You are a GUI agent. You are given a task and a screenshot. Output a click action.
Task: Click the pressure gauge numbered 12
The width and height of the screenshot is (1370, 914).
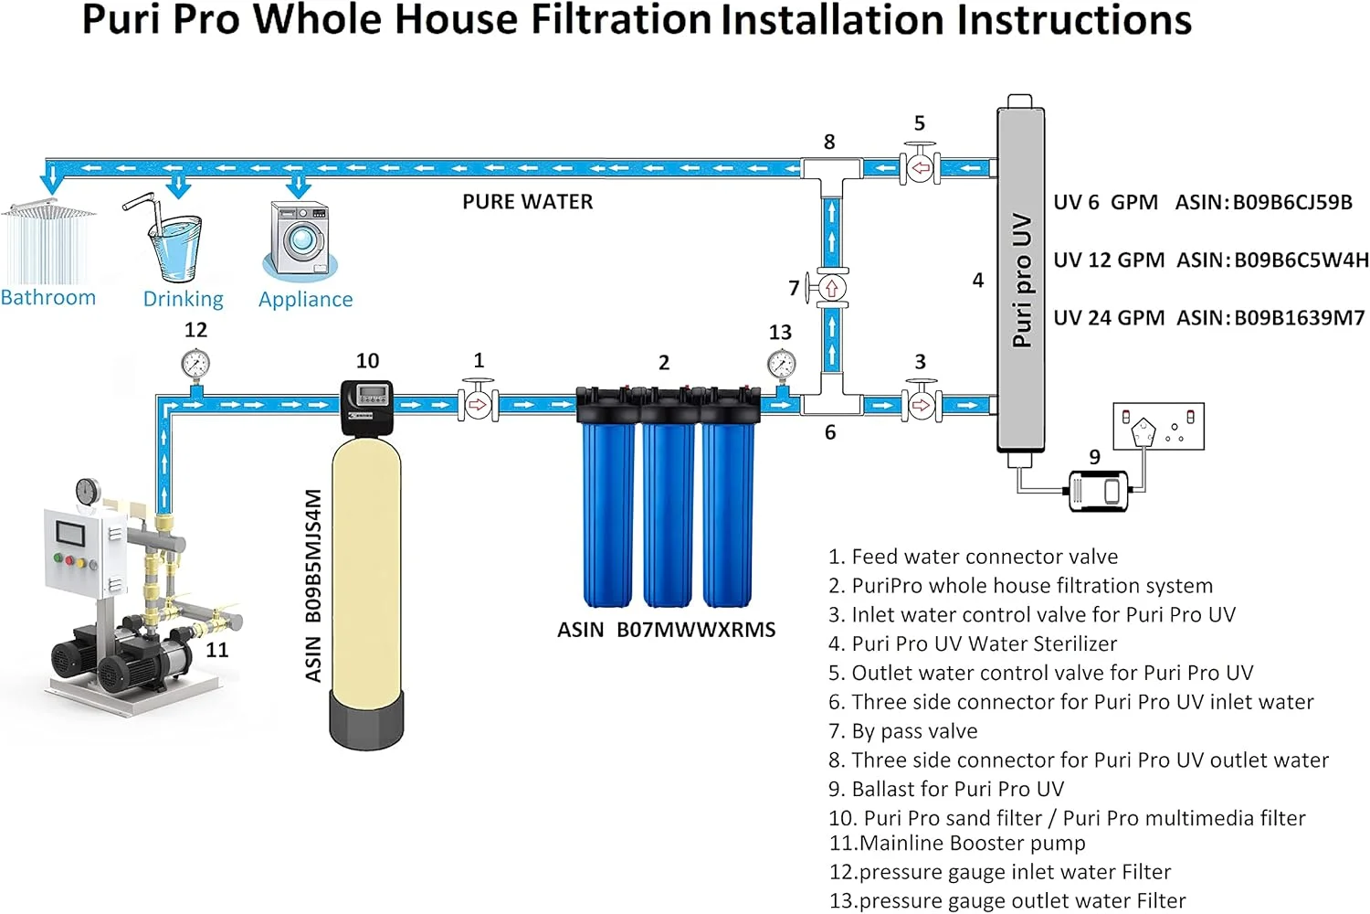click(x=195, y=365)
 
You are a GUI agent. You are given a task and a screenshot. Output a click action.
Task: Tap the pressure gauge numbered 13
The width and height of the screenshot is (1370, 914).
click(x=781, y=365)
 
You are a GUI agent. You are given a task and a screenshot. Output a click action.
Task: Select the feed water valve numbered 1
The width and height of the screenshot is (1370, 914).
click(x=478, y=403)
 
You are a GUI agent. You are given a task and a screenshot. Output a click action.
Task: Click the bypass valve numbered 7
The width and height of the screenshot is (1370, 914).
click(x=831, y=289)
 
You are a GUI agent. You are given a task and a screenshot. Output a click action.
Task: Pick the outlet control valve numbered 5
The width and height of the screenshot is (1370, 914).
click(x=921, y=167)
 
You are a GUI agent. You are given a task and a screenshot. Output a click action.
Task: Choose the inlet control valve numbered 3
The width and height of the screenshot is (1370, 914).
click(x=922, y=403)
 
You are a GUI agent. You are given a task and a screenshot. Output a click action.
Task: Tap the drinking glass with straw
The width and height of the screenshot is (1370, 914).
click(x=173, y=241)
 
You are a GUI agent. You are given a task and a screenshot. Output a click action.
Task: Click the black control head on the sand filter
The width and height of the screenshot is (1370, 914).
click(x=367, y=405)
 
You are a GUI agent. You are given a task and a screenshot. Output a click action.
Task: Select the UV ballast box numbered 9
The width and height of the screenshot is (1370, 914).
click(x=1098, y=490)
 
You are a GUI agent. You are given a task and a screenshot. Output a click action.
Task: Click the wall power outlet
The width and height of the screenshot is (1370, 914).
click(x=1158, y=426)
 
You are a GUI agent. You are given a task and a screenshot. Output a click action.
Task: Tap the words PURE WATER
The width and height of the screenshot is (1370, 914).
click(x=527, y=202)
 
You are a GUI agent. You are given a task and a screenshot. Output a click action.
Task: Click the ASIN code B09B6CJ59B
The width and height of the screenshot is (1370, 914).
click(x=1292, y=202)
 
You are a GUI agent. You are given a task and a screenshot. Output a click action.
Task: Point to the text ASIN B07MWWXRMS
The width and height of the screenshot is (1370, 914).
click(x=666, y=630)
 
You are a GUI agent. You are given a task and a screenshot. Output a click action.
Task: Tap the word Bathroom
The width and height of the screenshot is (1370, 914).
click(x=48, y=298)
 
